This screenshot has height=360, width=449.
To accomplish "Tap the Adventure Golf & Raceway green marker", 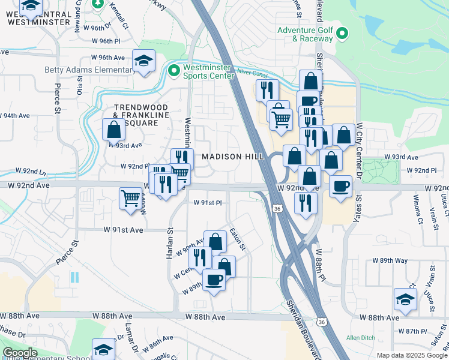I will pos(342,33).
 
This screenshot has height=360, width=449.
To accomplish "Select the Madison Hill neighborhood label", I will pos(233,157).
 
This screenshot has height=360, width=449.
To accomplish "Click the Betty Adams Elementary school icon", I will pos(143,61).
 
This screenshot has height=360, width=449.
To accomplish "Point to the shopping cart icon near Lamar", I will pos(130,197).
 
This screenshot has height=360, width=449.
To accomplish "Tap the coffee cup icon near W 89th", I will pos(214,279).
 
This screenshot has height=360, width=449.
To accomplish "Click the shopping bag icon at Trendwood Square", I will pos(113,129).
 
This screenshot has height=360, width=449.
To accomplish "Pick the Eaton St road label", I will pos(239,239).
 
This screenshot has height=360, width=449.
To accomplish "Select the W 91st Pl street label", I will pos(208,203).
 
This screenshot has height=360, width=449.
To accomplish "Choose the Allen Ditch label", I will pos(360,338).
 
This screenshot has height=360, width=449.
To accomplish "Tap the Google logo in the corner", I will pos(20,353).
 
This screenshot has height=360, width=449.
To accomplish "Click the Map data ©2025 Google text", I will pos(411,355).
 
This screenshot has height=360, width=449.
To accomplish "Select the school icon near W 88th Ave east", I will pos(405,300).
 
